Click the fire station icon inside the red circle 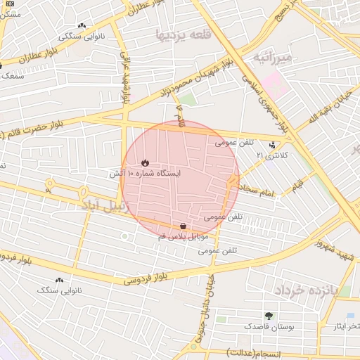pyautogui.click(x=146, y=162)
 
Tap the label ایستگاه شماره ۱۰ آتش pyautogui.click(x=146, y=173)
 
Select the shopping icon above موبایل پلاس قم pyautogui.click(x=184, y=226)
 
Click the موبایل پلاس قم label pyautogui.click(x=182, y=238)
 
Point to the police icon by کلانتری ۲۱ pyautogui.click(x=273, y=145)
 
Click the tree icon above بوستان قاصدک pyautogui.click(x=269, y=316)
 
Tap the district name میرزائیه pyautogui.click(x=271, y=56)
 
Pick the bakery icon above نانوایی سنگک pyautogui.click(x=60, y=280)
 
